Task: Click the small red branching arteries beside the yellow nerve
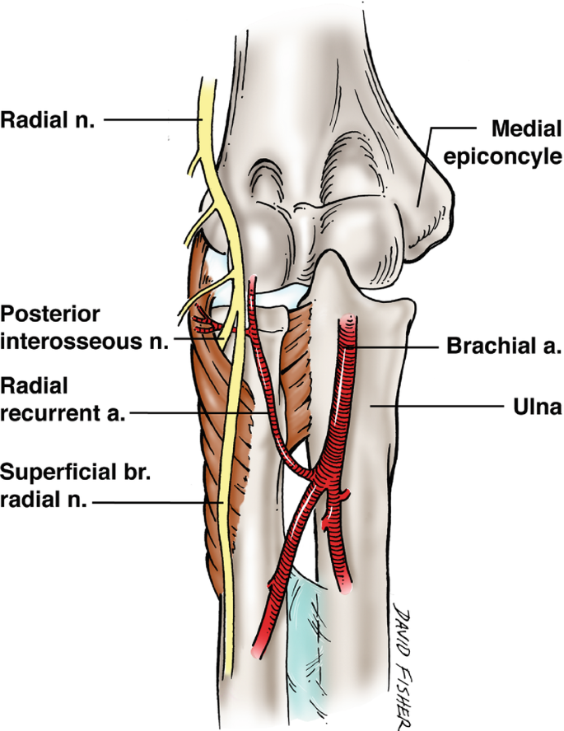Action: click(x=204, y=321)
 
